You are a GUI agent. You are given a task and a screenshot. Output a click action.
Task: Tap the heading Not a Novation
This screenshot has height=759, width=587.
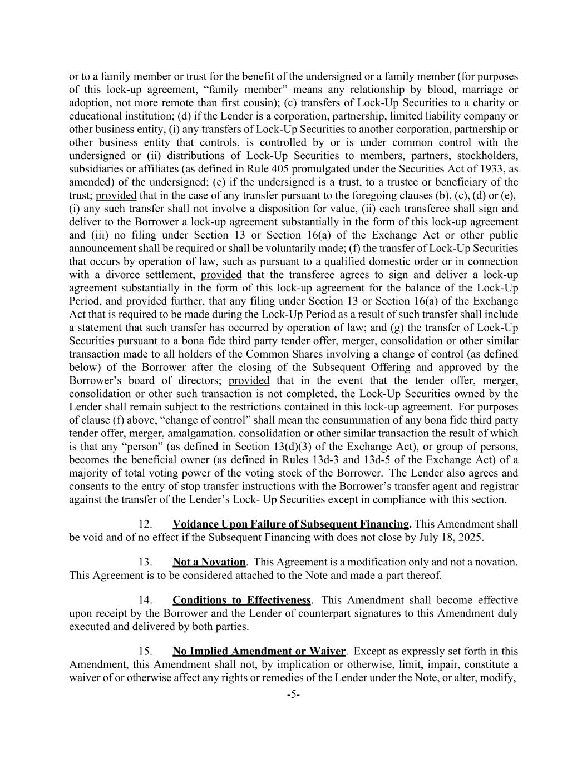(209, 562)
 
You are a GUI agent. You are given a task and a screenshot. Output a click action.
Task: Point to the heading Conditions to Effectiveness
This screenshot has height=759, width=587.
(241, 601)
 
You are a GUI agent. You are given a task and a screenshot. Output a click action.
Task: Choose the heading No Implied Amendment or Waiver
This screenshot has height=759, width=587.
(259, 651)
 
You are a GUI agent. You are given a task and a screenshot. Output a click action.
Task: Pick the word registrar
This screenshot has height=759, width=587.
(499, 486)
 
